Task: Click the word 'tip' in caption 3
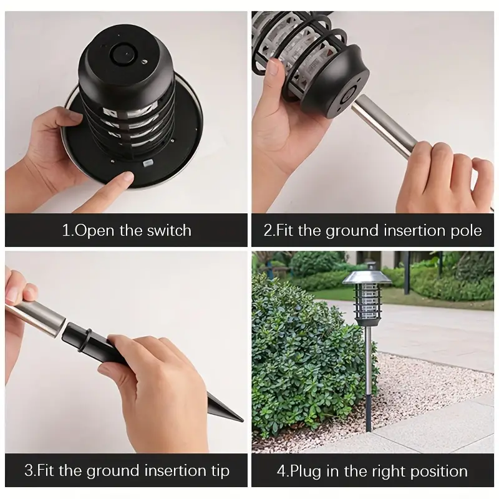coord(218,470)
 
